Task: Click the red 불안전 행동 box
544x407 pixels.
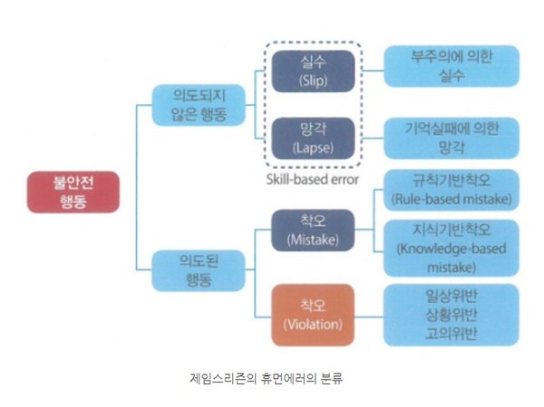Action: [73, 191]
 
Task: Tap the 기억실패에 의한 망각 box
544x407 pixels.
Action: [451, 139]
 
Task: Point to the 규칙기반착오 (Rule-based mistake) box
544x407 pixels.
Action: [451, 189]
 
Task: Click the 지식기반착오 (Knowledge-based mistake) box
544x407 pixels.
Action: [451, 248]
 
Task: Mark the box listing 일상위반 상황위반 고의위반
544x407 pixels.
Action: [451, 315]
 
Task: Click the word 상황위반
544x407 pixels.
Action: [451, 315]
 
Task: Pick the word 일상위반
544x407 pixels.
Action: [451, 296]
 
